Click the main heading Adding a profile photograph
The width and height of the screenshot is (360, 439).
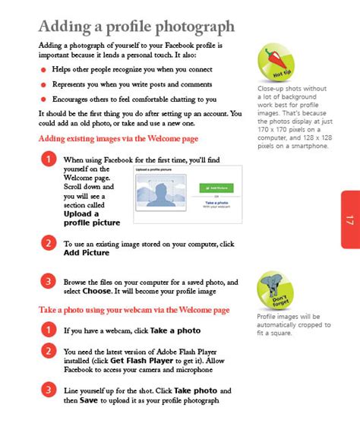[136, 27]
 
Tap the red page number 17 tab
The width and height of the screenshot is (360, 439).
[349, 220]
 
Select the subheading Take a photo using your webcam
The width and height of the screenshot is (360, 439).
[134, 310]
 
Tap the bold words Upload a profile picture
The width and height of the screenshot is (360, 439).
[91, 218]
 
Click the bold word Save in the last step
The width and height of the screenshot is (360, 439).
[88, 400]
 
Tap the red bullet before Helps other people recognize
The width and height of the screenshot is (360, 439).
[44, 69]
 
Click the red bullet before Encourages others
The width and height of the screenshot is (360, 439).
[44, 99]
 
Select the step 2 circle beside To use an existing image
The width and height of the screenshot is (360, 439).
[48, 243]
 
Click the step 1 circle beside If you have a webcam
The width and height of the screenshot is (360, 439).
[48, 330]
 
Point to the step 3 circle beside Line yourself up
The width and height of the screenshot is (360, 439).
[48, 390]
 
